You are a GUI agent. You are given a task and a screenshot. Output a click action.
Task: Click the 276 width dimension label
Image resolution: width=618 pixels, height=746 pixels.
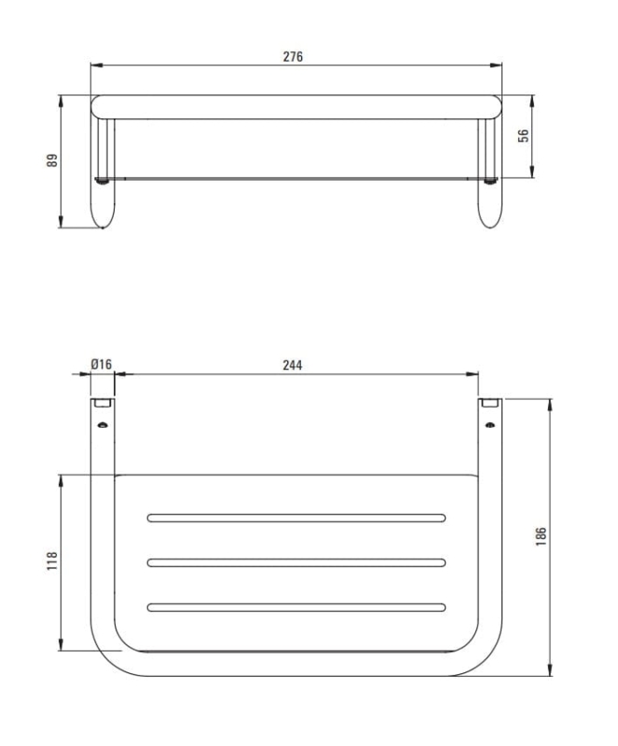293,57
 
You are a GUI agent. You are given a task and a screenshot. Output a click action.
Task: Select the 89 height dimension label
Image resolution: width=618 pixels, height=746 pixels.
52,159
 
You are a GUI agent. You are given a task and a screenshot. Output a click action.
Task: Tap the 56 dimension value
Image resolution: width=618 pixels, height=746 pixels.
523,135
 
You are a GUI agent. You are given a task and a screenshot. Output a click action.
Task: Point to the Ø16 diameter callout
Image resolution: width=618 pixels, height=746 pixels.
101,365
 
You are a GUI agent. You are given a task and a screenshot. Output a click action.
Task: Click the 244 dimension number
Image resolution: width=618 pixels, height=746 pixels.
292,366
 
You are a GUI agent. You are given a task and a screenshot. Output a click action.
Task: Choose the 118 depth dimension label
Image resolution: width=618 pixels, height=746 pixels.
52,561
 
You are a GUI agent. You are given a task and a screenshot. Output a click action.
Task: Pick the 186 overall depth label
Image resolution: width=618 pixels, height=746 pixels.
542,536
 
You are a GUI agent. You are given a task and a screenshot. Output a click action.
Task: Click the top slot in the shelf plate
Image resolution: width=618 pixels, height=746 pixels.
295,518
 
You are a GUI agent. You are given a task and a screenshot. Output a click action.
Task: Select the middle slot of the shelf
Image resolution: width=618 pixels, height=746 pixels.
295,562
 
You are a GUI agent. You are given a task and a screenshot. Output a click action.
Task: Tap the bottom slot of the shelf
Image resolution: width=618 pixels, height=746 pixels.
295,607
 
